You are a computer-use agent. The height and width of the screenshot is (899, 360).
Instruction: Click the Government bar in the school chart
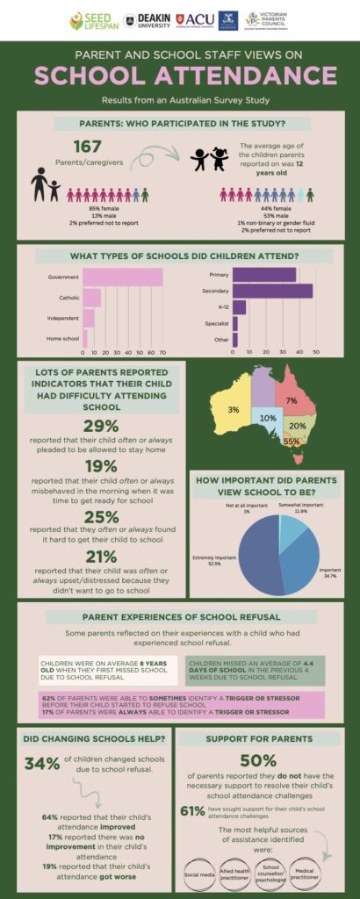pos(121,277)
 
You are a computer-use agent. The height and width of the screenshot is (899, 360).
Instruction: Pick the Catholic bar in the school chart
pos(90,298)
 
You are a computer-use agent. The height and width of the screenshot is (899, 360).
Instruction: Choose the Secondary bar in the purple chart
pos(272,291)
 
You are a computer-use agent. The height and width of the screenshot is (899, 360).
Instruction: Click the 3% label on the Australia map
pos(234,410)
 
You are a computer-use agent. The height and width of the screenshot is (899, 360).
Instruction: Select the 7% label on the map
pos(291,401)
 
